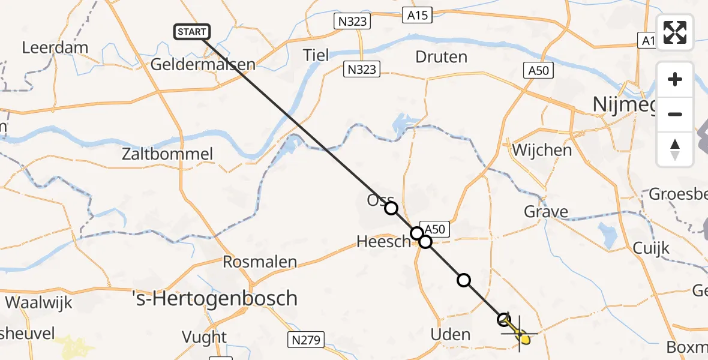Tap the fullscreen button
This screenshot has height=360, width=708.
(x=675, y=32)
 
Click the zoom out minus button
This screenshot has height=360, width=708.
(x=675, y=114)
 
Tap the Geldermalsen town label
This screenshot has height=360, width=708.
(x=203, y=64)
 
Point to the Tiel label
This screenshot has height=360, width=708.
(x=316, y=55)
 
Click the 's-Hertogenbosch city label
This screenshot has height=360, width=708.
(x=215, y=298)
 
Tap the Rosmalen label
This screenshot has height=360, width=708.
(x=260, y=262)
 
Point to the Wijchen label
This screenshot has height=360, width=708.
(x=541, y=150)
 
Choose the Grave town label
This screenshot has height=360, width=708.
(x=545, y=212)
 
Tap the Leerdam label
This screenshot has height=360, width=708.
(x=55, y=47)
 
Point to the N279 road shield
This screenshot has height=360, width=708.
(x=305, y=339)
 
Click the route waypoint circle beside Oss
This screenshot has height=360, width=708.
(x=391, y=208)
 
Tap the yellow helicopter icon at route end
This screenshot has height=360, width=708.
(x=524, y=339)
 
